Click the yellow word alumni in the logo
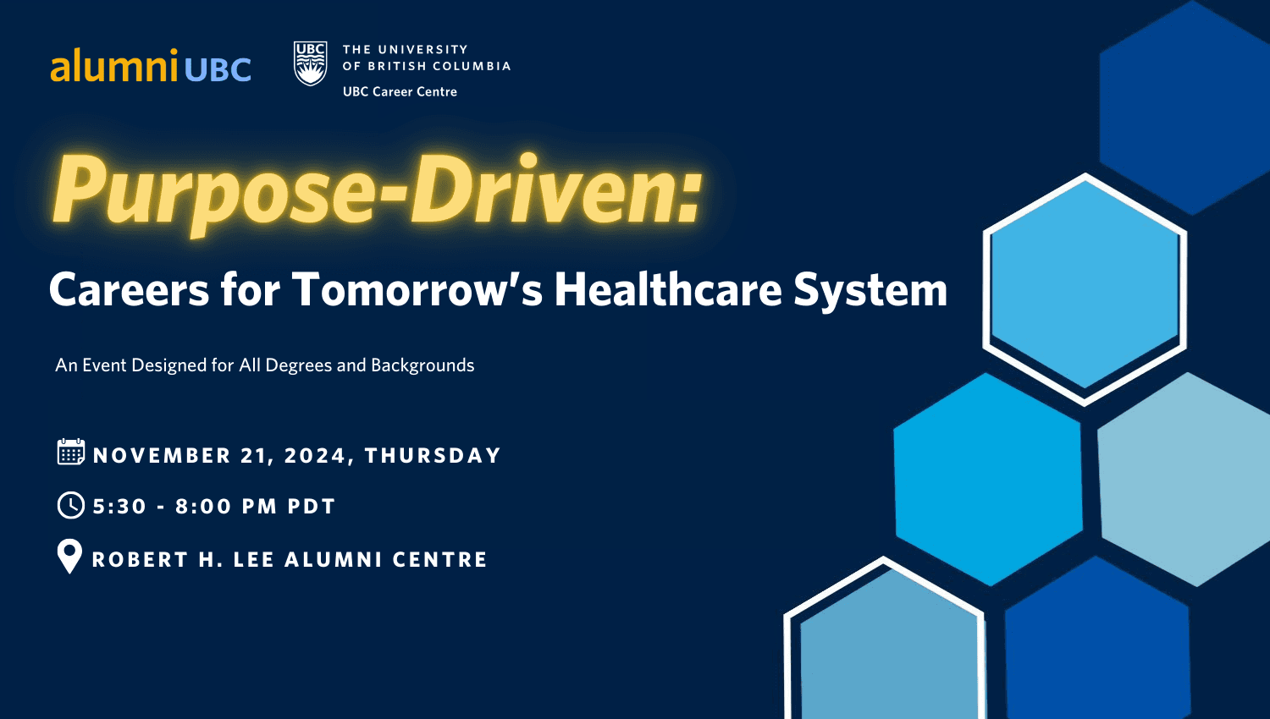(x=114, y=65)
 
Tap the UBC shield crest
(x=310, y=63)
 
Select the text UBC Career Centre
(x=400, y=92)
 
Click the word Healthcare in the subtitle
(x=668, y=289)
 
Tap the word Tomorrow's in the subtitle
(x=417, y=289)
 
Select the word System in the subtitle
(x=870, y=291)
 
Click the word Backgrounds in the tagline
(x=422, y=365)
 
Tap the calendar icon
(x=71, y=453)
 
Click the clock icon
(x=71, y=505)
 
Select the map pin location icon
(x=69, y=557)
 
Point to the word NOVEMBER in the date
(x=163, y=456)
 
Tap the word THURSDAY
(x=433, y=456)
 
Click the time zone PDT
(x=312, y=507)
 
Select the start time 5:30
(x=119, y=507)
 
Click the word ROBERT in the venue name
(x=140, y=560)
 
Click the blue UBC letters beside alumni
(x=218, y=69)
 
